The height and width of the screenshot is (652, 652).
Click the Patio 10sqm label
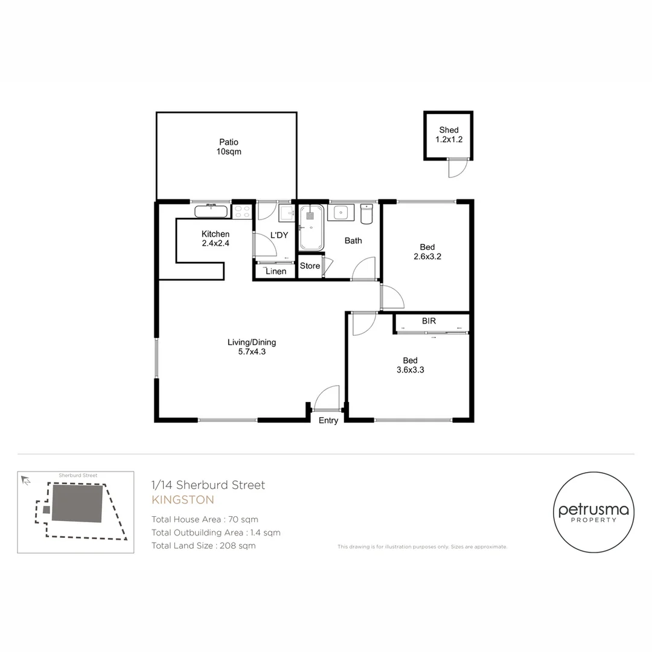pyautogui.click(x=229, y=147)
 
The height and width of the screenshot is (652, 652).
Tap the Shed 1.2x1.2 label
pyautogui.click(x=449, y=135)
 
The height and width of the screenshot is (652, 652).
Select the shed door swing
pyautogui.click(x=457, y=168)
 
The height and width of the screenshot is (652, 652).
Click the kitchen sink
pyautogui.click(x=211, y=211)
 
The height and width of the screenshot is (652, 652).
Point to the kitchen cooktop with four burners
pyautogui.click(x=242, y=211)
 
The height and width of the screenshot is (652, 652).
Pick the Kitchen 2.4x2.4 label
pyautogui.click(x=216, y=238)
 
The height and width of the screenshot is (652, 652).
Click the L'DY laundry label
pyautogui.click(x=279, y=235)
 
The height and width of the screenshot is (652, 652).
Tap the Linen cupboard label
pyautogui.click(x=276, y=272)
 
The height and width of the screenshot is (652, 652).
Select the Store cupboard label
pyautogui.click(x=310, y=266)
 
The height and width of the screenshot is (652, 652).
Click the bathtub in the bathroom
pyautogui.click(x=312, y=228)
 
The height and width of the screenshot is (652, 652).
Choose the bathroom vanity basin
pyautogui.click(x=340, y=213)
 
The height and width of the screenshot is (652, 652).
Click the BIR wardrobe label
pyautogui.click(x=429, y=321)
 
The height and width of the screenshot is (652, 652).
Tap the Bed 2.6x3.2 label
pyautogui.click(x=427, y=251)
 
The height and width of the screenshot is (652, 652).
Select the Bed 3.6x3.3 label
pyautogui.click(x=410, y=365)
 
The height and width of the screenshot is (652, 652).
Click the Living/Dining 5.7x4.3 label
pyautogui.click(x=252, y=347)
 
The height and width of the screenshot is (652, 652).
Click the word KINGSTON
pyautogui.click(x=182, y=500)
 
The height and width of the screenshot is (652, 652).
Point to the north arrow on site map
pyautogui.click(x=25, y=481)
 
